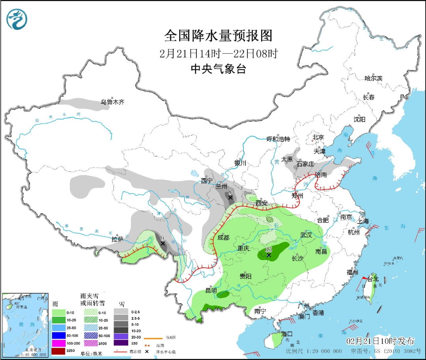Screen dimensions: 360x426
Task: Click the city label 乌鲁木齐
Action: [x=112, y=102]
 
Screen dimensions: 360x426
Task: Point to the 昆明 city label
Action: [x=211, y=291]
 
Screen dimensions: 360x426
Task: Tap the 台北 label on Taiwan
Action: [x=373, y=279]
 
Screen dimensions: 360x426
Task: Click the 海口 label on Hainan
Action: [x=287, y=334]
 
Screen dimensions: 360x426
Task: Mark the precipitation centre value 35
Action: [x=269, y=249]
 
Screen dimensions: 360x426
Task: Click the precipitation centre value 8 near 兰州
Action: [x=230, y=192]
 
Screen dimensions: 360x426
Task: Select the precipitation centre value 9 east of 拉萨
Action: [x=163, y=238]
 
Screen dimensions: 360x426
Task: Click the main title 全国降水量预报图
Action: [x=218, y=36]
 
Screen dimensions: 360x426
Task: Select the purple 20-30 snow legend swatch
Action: [x=121, y=336]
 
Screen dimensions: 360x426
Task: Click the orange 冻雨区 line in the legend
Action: [x=153, y=338]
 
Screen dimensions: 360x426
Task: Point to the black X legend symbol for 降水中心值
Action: [x=147, y=351]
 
